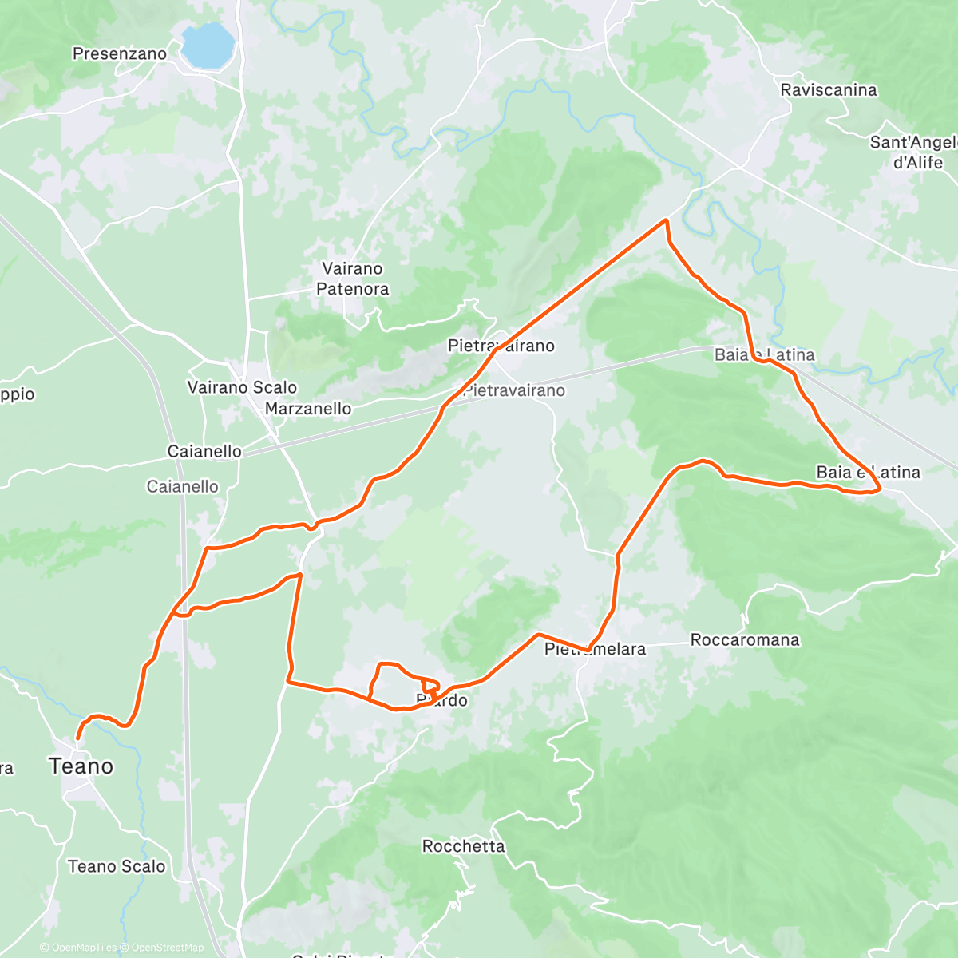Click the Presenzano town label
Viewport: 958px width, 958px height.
120,54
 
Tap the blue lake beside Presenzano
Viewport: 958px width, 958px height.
207,46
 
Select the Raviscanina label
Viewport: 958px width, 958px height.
829,90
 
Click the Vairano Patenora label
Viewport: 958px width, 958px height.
353,279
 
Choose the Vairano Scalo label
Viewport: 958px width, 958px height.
242,387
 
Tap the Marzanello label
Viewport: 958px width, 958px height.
308,409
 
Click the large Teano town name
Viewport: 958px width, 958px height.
81,766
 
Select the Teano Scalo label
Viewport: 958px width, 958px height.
117,866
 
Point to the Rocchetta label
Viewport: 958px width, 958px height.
463,846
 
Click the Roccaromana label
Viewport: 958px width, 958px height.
744,640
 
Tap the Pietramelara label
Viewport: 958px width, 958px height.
595,650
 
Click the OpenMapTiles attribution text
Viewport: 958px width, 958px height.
83,948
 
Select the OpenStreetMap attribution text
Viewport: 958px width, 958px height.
167,948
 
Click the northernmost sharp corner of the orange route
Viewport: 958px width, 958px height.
666,220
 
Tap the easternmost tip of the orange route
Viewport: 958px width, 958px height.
880,489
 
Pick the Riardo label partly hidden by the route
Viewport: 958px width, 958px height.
442,701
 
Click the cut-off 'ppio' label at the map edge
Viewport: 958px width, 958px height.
18,394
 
